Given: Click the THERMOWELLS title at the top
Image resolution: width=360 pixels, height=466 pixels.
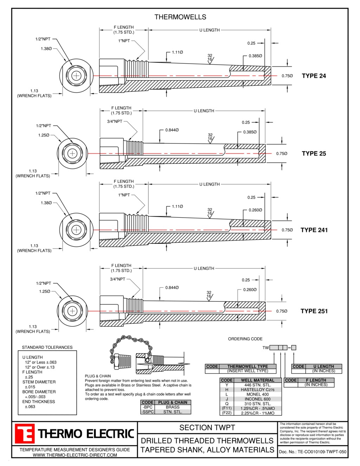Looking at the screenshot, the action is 180,17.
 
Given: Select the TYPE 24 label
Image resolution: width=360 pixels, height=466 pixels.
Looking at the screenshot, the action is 314,76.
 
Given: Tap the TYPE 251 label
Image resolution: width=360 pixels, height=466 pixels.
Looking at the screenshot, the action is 314,311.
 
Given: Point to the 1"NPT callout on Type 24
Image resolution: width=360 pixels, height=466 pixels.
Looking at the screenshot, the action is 124,41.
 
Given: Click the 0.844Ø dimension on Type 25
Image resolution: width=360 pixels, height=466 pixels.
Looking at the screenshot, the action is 172,130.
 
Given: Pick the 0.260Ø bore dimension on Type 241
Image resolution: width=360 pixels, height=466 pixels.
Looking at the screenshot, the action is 255,210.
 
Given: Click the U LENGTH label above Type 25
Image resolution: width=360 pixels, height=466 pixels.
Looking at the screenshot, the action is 204,111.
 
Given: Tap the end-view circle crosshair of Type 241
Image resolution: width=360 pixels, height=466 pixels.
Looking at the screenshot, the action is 76,230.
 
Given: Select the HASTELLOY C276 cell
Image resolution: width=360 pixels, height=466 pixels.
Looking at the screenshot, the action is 258,389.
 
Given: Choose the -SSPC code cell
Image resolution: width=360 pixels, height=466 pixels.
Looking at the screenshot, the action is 148,412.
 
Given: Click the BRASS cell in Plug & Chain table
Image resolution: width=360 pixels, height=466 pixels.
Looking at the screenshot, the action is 173,407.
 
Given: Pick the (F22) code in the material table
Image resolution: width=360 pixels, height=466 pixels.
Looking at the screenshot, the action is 227,413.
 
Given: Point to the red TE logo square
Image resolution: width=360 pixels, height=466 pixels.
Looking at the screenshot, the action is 24,433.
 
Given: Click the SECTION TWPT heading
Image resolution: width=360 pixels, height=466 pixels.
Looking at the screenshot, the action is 207,428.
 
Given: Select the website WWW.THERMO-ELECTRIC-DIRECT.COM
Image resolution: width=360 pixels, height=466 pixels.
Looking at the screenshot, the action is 75,455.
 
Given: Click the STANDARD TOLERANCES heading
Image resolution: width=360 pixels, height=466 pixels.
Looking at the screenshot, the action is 47,347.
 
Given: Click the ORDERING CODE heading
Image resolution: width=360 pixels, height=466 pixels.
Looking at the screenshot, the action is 245,339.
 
